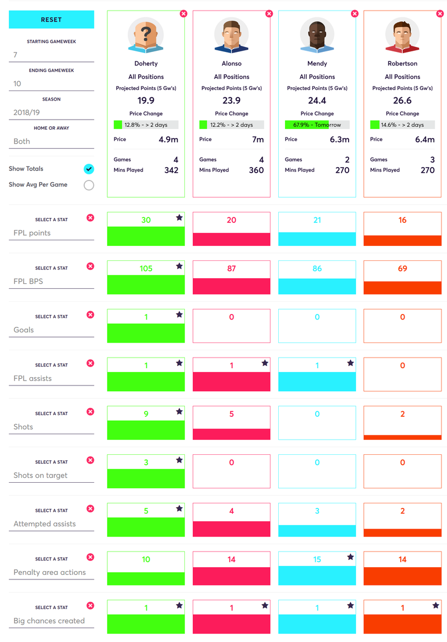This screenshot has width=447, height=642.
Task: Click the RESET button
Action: pyautogui.click(x=51, y=20)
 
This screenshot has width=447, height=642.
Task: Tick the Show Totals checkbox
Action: pyautogui.click(x=89, y=169)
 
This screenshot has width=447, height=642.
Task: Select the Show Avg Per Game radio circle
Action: pyautogui.click(x=89, y=185)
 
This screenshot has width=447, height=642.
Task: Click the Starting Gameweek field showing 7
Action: pyautogui.click(x=51, y=55)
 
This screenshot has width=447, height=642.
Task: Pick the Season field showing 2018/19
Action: pyautogui.click(x=51, y=113)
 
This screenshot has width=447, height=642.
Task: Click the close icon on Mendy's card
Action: pyautogui.click(x=354, y=13)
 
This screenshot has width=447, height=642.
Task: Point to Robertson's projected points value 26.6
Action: pyautogui.click(x=402, y=101)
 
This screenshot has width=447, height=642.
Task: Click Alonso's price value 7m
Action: pyautogui.click(x=258, y=140)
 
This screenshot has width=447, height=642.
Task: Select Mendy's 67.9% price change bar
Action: pyautogui.click(x=317, y=125)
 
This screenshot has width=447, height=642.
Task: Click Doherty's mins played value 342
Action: pyautogui.click(x=171, y=170)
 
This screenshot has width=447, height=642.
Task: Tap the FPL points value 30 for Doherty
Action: pyautogui.click(x=146, y=220)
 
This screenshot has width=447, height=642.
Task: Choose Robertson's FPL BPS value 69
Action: pyautogui.click(x=402, y=269)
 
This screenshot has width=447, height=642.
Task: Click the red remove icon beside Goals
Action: pyautogui.click(x=91, y=315)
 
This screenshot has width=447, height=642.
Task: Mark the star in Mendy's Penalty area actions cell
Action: pyautogui.click(x=350, y=557)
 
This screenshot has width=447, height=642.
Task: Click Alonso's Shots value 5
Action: pyautogui.click(x=232, y=414)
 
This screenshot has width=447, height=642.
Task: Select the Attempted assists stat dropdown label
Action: pyautogui.click(x=45, y=524)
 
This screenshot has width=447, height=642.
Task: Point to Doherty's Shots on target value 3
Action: pyautogui.click(x=146, y=463)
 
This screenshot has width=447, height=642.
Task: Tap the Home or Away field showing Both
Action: pyautogui.click(x=51, y=142)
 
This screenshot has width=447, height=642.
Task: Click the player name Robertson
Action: pyautogui.click(x=402, y=64)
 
